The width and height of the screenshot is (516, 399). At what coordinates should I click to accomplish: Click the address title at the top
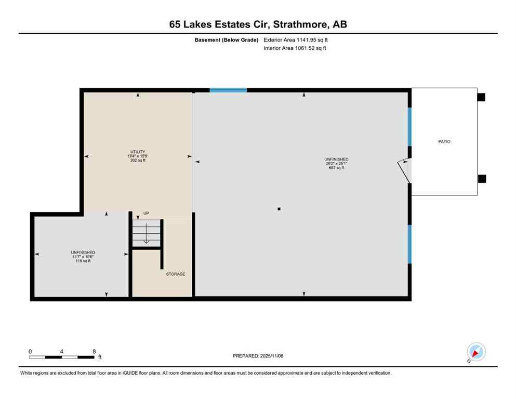(258, 24)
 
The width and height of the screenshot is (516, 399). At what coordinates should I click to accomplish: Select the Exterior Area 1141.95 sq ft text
(296, 40)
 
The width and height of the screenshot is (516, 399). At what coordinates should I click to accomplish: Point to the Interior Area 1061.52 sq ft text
(295, 48)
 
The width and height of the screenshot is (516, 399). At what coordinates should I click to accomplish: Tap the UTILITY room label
(138, 151)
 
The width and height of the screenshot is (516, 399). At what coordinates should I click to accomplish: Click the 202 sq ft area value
(138, 161)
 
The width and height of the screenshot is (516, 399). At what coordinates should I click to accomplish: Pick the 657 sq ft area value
(336, 168)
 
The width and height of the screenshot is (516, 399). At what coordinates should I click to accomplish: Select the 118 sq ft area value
(82, 261)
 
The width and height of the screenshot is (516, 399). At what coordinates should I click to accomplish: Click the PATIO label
(444, 142)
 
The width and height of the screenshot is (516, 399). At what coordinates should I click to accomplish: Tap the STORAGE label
(176, 274)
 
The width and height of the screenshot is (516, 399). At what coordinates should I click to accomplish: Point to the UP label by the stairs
(146, 213)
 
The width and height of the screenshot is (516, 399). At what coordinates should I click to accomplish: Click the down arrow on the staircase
(146, 234)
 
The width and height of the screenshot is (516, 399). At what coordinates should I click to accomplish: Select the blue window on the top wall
(228, 90)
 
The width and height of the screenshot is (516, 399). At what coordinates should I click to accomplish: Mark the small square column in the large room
(279, 209)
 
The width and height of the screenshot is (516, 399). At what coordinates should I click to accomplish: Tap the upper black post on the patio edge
(481, 97)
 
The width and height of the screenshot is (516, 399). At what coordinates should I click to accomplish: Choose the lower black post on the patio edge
(482, 179)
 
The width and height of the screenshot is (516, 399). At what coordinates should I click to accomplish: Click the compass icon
(475, 352)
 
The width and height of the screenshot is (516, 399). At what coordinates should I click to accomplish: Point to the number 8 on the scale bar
(94, 351)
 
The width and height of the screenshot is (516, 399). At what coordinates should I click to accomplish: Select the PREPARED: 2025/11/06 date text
(258, 356)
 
